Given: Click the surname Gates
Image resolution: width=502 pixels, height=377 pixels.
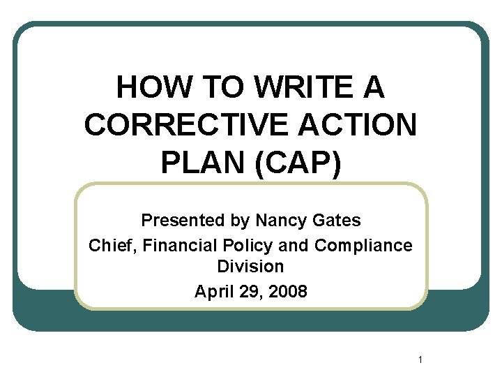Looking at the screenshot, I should coord(337,221).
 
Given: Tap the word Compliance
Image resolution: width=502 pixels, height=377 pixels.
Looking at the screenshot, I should coord(363,246).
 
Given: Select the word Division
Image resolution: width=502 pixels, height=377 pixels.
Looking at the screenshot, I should coord(250,267).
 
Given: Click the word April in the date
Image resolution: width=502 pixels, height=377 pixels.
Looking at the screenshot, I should coord(213,291).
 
